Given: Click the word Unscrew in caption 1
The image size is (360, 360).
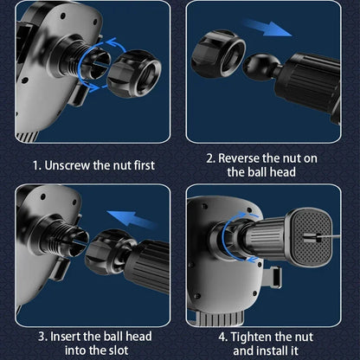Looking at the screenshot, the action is click(67, 165).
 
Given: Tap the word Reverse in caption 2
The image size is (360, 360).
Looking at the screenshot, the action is click(239, 158).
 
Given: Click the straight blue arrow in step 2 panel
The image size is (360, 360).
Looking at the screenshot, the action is click(267, 28).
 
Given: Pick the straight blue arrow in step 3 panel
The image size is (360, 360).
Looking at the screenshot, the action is click(132, 219).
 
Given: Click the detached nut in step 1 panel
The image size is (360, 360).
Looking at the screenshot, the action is click(134, 74).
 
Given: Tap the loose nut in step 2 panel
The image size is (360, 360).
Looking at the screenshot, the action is click(218, 54).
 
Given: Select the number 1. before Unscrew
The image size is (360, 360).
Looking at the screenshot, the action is click(36, 166).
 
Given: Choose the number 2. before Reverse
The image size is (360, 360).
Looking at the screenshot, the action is click(210, 158).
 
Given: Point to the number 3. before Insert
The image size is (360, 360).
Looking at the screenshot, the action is click(42, 337).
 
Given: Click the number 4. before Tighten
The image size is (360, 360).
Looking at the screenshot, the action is click(223, 337).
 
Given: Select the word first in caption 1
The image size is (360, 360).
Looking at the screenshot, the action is click(145, 165).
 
